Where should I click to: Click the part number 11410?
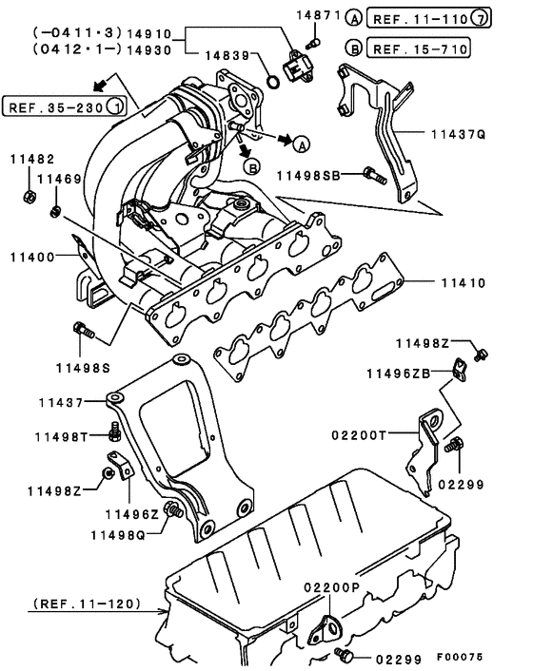coord(463,282)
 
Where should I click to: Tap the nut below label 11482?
coord(29,197)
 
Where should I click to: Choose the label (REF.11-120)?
coord(86,603)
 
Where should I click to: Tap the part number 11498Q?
coord(119,534)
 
